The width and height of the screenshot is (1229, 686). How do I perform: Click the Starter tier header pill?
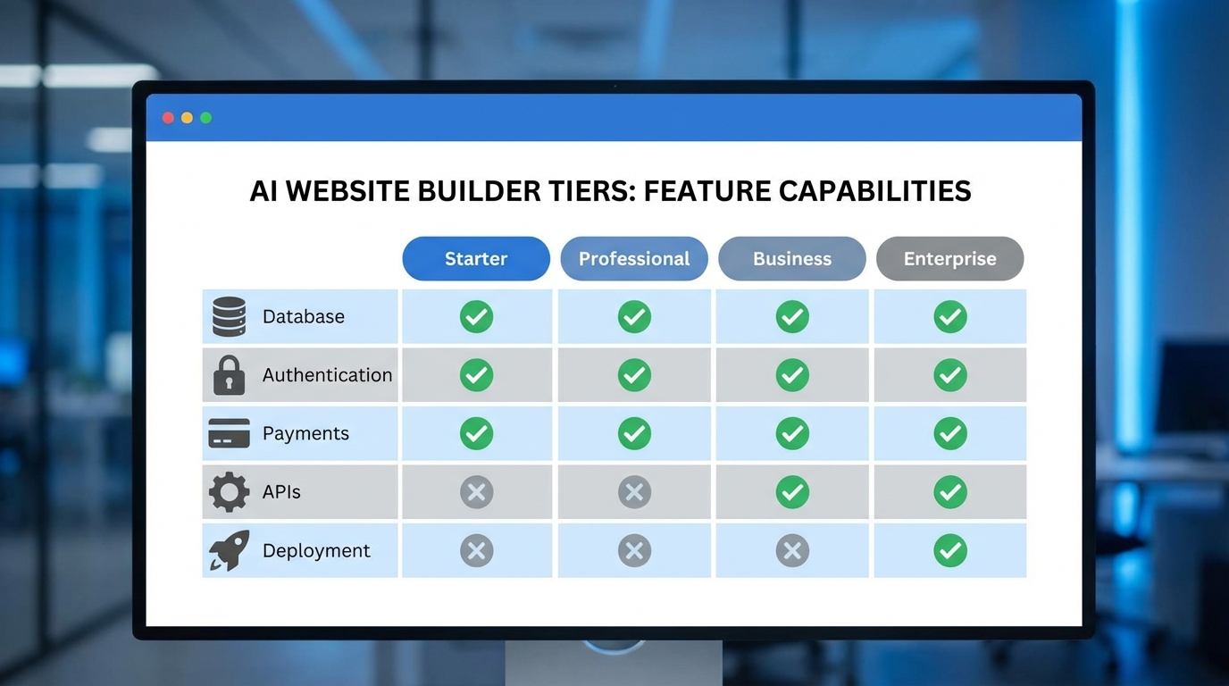pyautogui.click(x=476, y=259)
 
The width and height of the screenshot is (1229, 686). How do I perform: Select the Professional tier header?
pyautogui.click(x=634, y=259)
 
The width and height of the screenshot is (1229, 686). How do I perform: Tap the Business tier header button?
pyautogui.click(x=792, y=259)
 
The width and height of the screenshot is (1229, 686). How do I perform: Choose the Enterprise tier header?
pyautogui.click(x=949, y=259)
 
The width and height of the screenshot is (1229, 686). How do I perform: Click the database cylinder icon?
pyautogui.click(x=229, y=316)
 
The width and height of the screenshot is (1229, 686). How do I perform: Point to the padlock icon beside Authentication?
pyautogui.click(x=229, y=375)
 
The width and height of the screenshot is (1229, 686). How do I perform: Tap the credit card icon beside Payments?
pyautogui.click(x=229, y=433)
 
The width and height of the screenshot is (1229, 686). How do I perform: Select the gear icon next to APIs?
pyautogui.click(x=229, y=492)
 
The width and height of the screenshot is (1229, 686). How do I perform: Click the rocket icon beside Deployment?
pyautogui.click(x=229, y=550)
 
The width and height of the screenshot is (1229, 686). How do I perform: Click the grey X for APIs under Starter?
pyautogui.click(x=476, y=492)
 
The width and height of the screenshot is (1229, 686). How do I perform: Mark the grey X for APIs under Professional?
pyautogui.click(x=634, y=492)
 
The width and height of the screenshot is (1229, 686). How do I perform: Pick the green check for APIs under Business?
pyautogui.click(x=792, y=492)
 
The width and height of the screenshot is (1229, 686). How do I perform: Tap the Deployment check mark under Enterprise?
pyautogui.click(x=949, y=550)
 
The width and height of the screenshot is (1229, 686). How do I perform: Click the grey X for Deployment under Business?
pyautogui.click(x=792, y=550)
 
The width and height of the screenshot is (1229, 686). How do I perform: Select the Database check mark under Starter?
pyautogui.click(x=476, y=316)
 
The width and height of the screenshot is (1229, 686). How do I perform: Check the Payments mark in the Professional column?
pyautogui.click(x=634, y=433)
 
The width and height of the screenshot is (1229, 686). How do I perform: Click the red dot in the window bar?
pyautogui.click(x=168, y=118)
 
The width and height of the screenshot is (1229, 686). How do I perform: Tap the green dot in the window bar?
pyautogui.click(x=206, y=118)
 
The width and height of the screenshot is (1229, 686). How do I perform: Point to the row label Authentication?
pyautogui.click(x=327, y=375)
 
